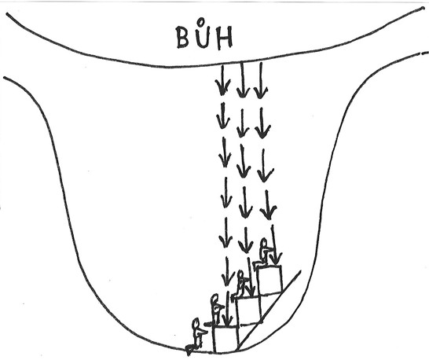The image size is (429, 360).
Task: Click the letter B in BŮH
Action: (183, 37)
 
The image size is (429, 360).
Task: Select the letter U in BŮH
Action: (203, 37)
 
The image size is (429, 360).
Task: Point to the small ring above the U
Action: (201, 21)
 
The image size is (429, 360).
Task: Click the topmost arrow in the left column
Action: (222, 79)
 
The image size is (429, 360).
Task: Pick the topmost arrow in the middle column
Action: (242, 79)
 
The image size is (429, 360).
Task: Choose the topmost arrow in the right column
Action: (261, 80)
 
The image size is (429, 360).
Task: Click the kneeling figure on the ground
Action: (196, 336)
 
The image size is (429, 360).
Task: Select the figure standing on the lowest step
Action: (216, 310)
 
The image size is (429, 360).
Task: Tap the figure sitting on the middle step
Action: (240, 285)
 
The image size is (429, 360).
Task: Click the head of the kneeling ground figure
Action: (196, 323)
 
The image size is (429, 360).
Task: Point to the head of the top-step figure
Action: (264, 243)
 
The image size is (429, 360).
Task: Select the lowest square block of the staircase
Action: (225, 339)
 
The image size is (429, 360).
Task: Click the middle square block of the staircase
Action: (248, 310)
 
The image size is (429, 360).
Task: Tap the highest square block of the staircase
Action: (269, 280)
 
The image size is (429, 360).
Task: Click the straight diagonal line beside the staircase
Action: (269, 310)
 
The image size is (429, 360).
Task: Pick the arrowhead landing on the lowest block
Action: (227, 320)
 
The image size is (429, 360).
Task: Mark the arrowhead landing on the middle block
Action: (251, 291)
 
